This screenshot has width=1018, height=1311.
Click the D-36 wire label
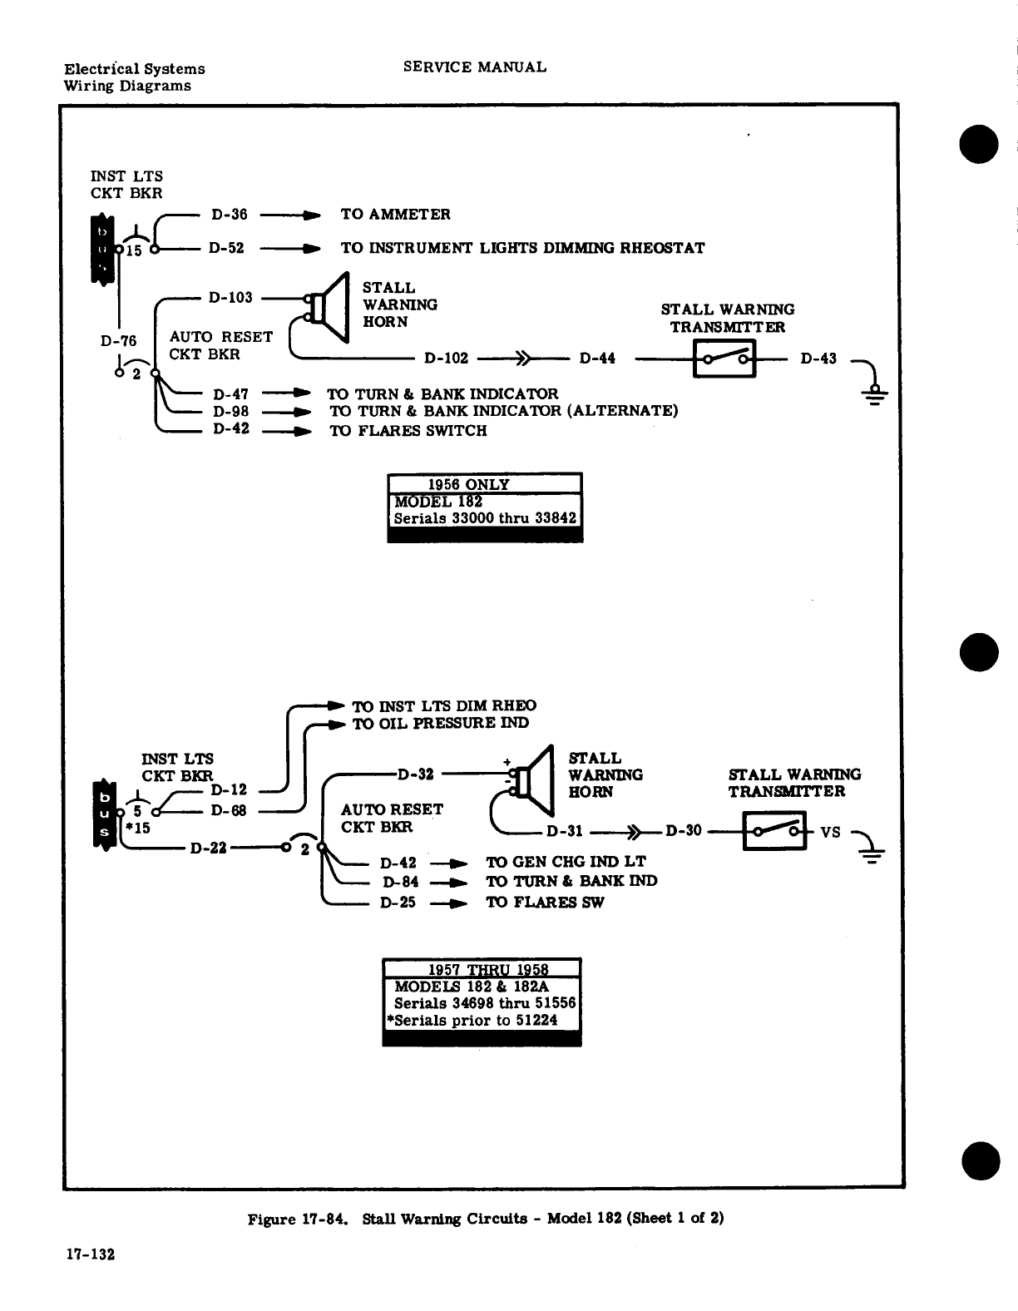(230, 215)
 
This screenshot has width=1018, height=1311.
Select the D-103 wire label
(230, 297)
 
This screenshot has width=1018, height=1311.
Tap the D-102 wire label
(447, 359)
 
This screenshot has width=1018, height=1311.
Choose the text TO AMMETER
(395, 215)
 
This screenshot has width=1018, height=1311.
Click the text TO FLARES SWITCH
(408, 431)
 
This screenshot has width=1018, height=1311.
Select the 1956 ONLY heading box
(484, 484)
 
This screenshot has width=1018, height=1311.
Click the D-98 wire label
(231, 411)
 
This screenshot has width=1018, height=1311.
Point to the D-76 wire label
(118, 340)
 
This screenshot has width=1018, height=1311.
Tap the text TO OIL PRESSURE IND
(441, 724)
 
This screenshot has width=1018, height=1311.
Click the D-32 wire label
(416, 775)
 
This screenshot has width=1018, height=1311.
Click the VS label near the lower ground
(830, 832)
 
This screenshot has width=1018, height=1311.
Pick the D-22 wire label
(209, 848)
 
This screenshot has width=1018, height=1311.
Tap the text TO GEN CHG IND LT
(566, 862)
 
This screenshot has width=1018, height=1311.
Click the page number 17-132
(90, 1254)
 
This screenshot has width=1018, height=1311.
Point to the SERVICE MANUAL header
(475, 67)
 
